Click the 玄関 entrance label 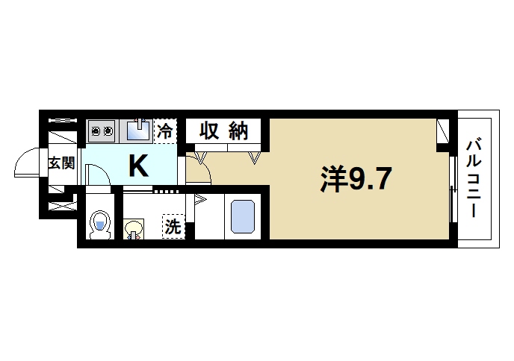(x=62, y=162)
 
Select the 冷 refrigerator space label (x=165, y=132)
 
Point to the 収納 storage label (x=223, y=132)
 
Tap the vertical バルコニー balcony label (x=475, y=179)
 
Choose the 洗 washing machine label (x=173, y=227)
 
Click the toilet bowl (x=100, y=225)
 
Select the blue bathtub (x=243, y=218)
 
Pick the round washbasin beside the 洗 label (x=134, y=228)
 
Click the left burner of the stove (x=96, y=132)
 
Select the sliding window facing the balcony (x=453, y=189)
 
